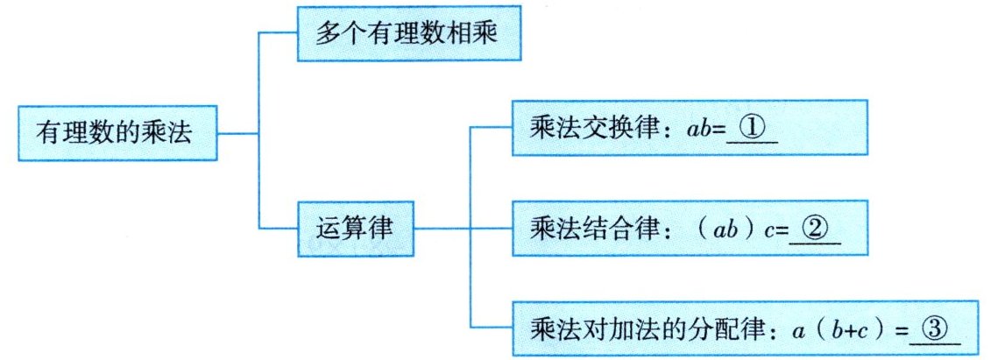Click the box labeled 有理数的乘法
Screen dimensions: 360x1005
pyautogui.click(x=115, y=134)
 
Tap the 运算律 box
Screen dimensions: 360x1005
pyautogui.click(x=354, y=230)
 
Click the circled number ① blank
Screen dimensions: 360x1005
pyautogui.click(x=752, y=128)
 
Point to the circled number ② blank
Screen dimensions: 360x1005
pyautogui.click(x=814, y=229)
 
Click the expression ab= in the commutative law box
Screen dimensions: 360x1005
pyautogui.click(x=702, y=129)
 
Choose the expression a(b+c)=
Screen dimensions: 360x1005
pyautogui.click(x=848, y=330)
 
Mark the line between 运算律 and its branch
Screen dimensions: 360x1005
pyautogui.click(x=442, y=230)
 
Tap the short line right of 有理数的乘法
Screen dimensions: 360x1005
pyautogui.click(x=237, y=134)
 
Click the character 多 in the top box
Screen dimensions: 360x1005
pyautogui.click(x=326, y=35)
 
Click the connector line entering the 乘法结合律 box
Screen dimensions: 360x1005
pyautogui.click(x=492, y=230)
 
